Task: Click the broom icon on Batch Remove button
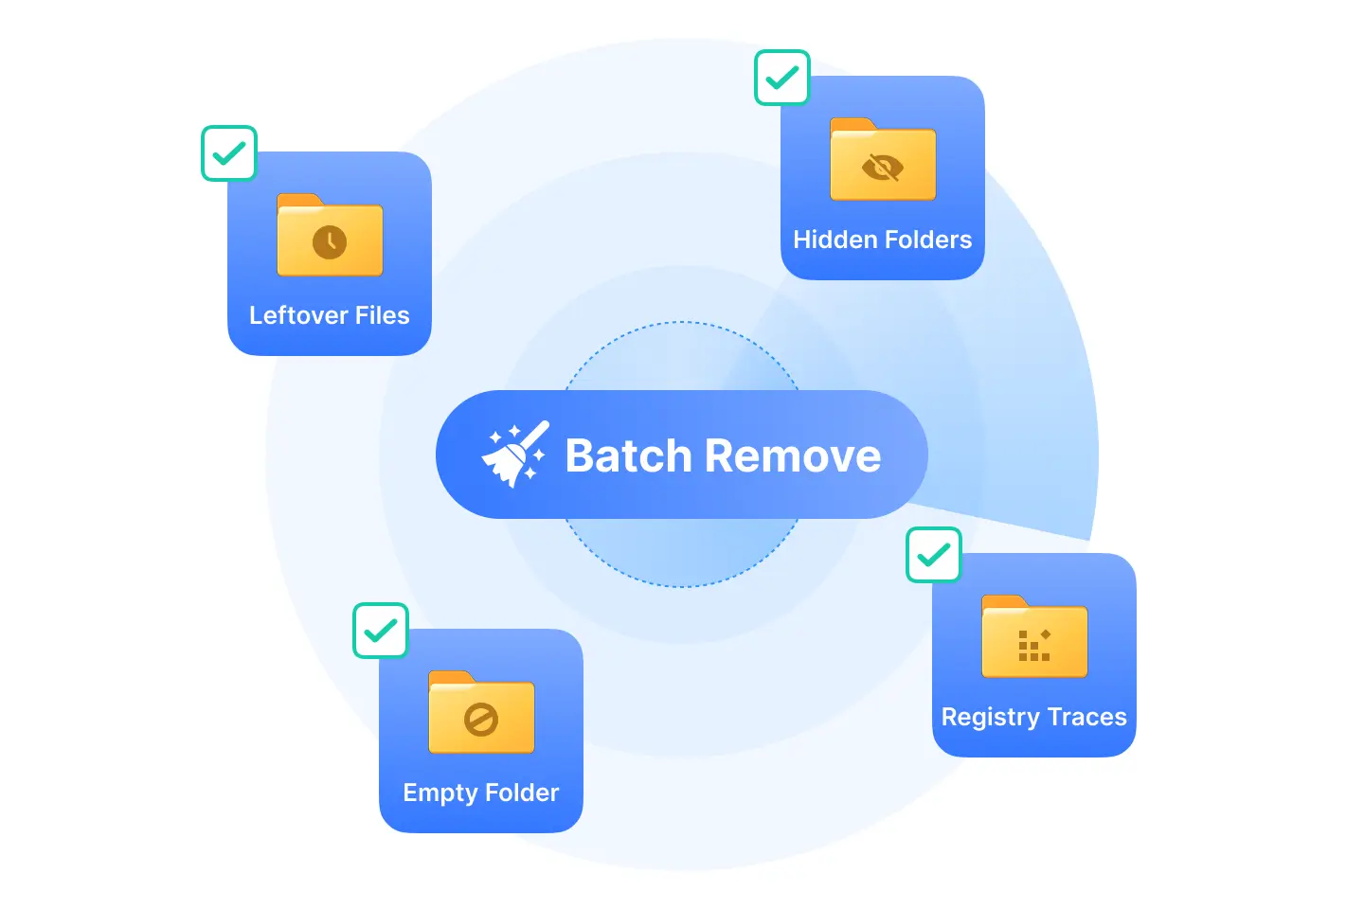(515, 455)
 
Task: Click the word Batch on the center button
(628, 456)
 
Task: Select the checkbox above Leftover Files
(229, 153)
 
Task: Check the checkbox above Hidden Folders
(782, 78)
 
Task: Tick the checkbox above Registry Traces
(934, 555)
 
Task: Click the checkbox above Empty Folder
(381, 631)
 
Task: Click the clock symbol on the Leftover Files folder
(330, 242)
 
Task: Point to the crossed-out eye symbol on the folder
(883, 168)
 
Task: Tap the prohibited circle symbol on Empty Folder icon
(481, 720)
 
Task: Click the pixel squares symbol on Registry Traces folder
(1033, 645)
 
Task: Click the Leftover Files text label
(330, 315)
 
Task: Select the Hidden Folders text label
(883, 240)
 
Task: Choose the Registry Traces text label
(1033, 717)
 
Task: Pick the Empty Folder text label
(481, 793)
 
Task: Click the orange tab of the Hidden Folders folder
(852, 124)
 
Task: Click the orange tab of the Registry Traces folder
(1003, 601)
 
